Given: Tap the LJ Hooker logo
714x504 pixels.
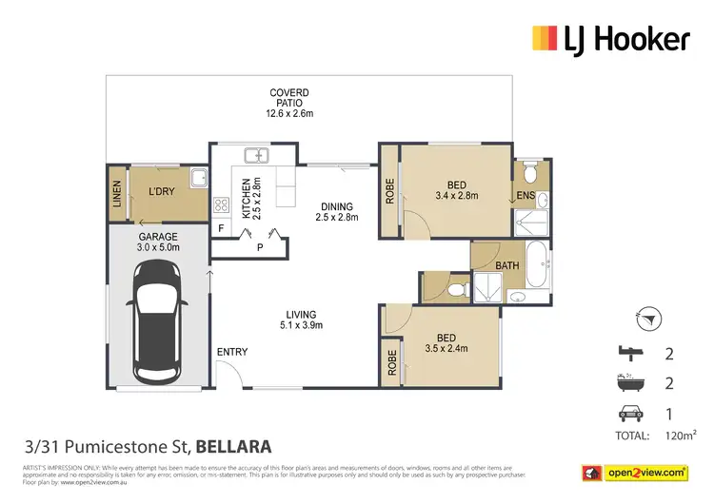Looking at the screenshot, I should [x=609, y=39].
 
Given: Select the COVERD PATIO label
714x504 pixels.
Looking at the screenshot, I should [x=288, y=103].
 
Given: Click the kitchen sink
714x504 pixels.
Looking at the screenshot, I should [x=255, y=155].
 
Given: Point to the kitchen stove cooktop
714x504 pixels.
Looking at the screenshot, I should [x=221, y=204].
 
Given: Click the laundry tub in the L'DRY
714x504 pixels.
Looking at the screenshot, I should [x=197, y=178].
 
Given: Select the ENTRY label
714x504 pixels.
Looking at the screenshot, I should [x=231, y=352].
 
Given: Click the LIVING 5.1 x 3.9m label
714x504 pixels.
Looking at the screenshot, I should [x=304, y=320].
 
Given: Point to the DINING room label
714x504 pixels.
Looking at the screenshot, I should [x=336, y=212].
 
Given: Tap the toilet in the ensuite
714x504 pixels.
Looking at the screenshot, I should [x=531, y=173].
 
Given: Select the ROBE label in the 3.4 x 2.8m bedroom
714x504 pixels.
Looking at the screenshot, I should [x=389, y=192].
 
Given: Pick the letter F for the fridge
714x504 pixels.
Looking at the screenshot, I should [x=221, y=228].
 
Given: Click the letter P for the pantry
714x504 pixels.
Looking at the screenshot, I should [x=259, y=248].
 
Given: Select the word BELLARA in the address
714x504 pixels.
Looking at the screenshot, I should [x=236, y=445].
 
